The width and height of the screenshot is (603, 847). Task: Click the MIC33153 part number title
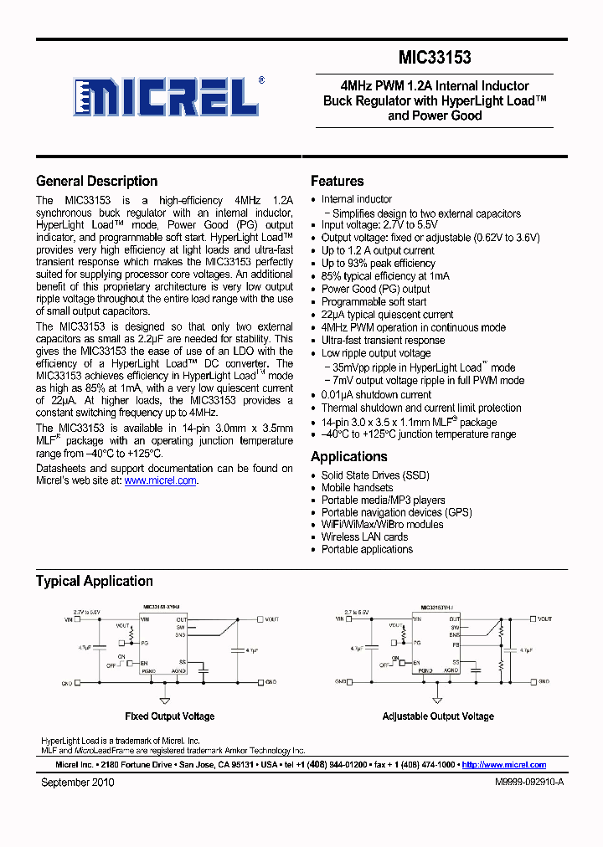click(434, 58)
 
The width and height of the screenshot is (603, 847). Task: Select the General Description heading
click(96, 181)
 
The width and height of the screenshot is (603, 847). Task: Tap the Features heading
click(337, 181)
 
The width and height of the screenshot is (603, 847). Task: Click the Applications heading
click(348, 456)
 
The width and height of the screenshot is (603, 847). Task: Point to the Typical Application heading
click(94, 581)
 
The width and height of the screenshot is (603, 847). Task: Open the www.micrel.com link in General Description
click(160, 480)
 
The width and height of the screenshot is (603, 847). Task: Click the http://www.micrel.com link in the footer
click(503, 765)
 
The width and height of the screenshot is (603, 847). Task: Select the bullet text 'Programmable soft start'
click(374, 301)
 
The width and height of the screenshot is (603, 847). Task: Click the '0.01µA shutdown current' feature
click(376, 394)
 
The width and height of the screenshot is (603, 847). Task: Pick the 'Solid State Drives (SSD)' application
click(374, 475)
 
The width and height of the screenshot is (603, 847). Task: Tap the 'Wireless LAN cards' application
click(364, 536)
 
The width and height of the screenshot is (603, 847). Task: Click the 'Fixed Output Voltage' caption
click(169, 716)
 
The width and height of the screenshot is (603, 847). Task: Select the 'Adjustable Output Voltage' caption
click(437, 716)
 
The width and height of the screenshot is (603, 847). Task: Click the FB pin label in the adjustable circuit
click(455, 644)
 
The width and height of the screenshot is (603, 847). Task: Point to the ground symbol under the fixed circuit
click(165, 700)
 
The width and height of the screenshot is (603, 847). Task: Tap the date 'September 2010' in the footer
click(77, 783)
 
